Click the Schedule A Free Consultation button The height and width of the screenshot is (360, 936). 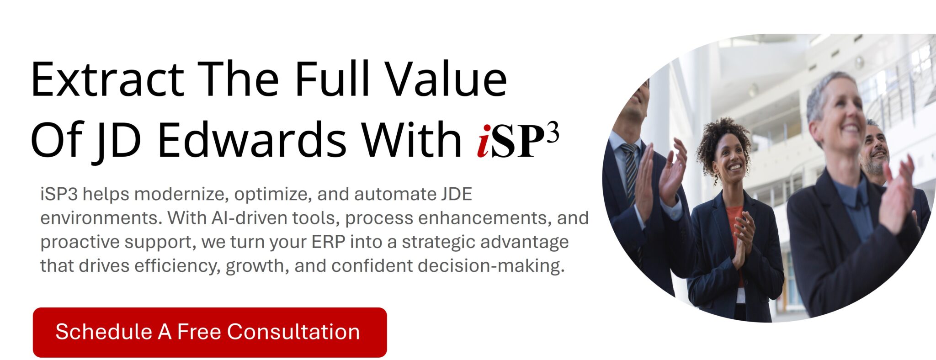(x=210, y=332)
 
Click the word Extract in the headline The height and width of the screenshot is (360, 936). (x=107, y=80)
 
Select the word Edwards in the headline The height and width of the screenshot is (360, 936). (x=252, y=139)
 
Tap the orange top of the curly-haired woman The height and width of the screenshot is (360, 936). (x=734, y=224)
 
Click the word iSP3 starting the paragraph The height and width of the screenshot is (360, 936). (x=58, y=195)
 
